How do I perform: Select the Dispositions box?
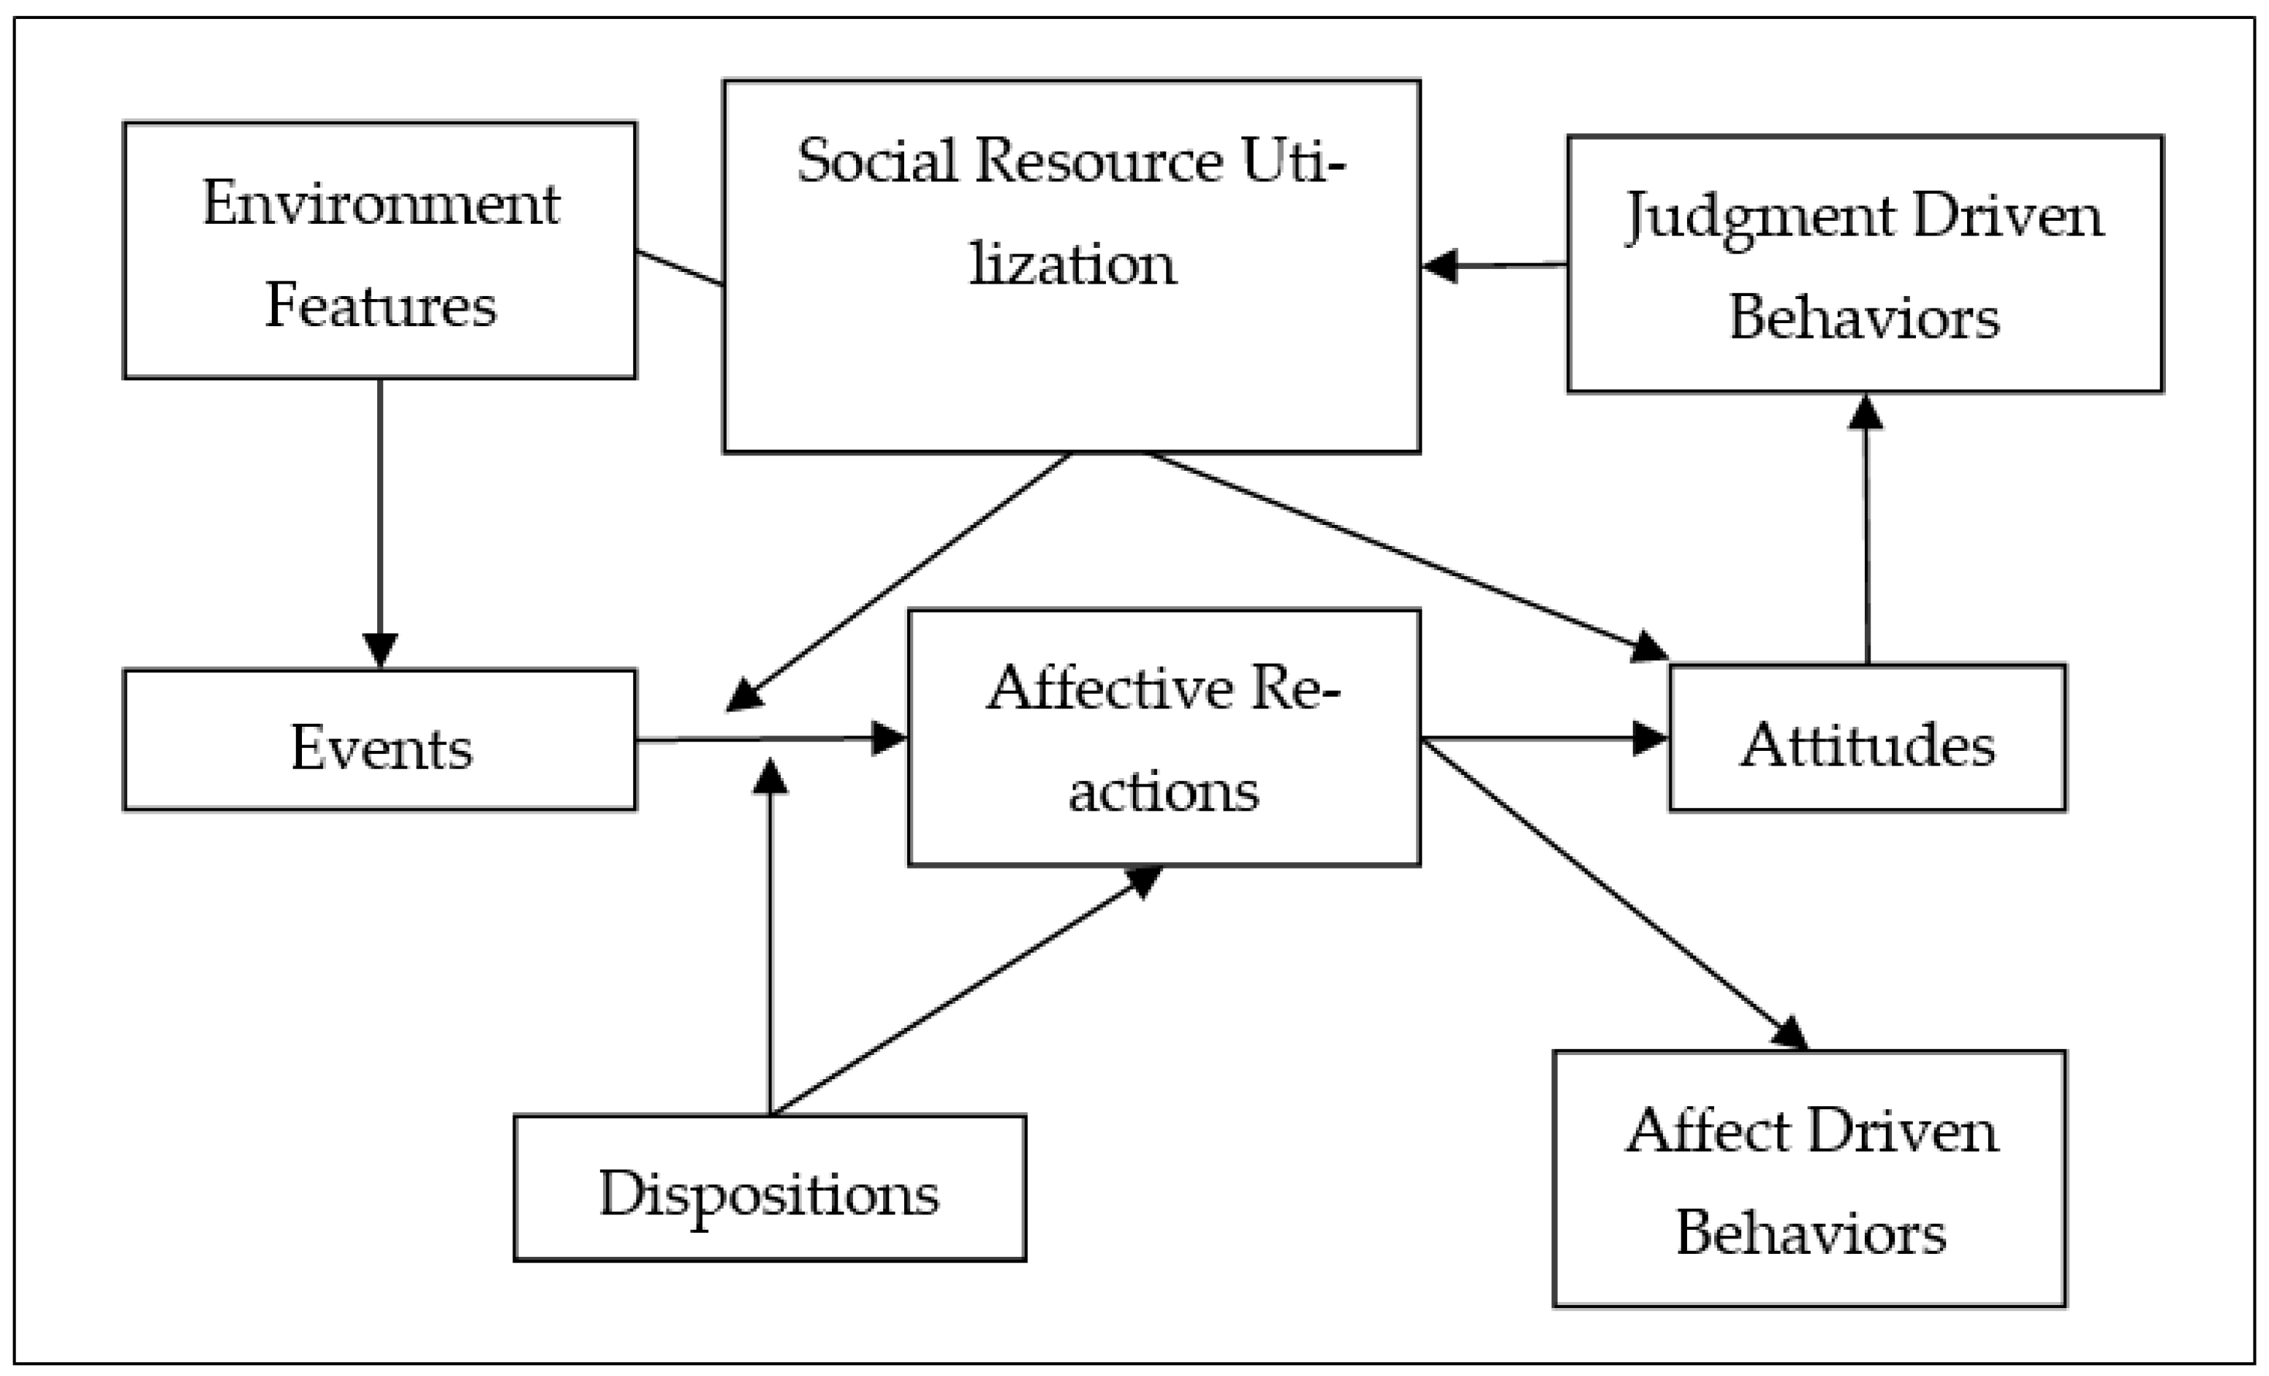[769, 1188]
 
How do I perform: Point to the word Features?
[380, 306]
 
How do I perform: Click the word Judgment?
[1759, 217]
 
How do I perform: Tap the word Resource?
[1098, 161]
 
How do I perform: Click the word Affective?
[1109, 688]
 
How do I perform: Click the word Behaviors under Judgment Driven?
[1864, 318]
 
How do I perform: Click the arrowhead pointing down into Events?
[379, 649]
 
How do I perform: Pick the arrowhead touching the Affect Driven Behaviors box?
[1790, 1033]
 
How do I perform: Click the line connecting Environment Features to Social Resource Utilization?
[680, 268]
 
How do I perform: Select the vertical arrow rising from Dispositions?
[770, 940]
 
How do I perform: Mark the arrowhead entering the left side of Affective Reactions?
[889, 738]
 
